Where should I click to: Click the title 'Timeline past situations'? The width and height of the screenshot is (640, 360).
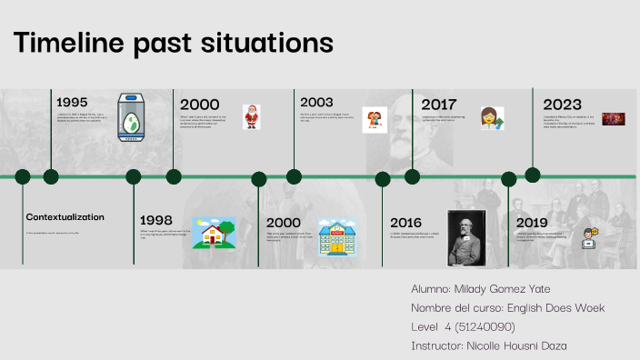point(173,43)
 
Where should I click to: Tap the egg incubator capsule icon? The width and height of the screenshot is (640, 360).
point(133,116)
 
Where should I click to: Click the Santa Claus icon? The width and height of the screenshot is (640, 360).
point(251,116)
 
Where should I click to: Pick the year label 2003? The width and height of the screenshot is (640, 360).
point(317,102)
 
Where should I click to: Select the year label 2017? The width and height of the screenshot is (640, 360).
point(438,105)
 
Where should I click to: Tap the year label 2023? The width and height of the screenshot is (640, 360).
point(562,105)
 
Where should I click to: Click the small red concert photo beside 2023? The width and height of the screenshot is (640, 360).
point(614,119)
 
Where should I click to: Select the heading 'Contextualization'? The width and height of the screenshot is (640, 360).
point(65,217)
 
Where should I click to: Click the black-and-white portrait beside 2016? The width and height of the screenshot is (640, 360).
point(466,237)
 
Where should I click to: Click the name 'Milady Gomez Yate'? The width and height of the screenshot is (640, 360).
point(495,288)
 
